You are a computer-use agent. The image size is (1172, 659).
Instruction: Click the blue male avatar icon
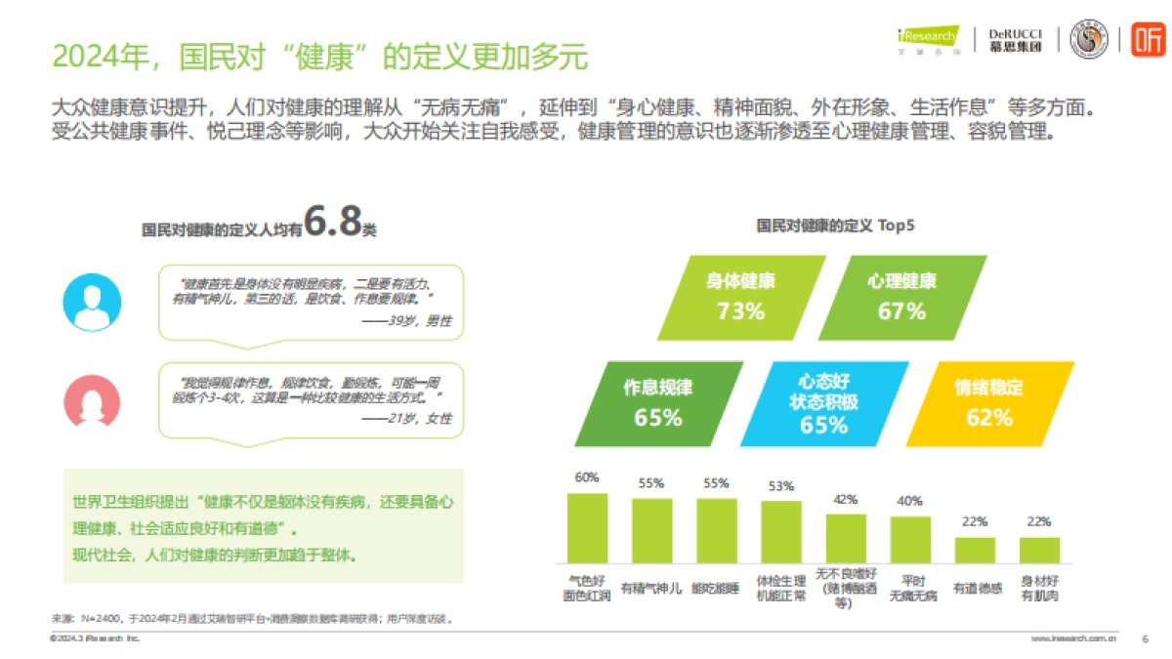92,301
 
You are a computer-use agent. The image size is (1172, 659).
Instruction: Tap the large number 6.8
331,222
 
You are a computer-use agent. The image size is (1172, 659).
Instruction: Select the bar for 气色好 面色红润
587,528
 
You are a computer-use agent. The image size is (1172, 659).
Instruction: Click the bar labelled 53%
780,532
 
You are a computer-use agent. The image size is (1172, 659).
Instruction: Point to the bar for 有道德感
975,550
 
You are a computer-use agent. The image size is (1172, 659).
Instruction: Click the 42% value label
845,498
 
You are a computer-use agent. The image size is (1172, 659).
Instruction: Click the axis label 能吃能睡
716,589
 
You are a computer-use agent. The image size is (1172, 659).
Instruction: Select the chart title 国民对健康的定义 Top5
835,226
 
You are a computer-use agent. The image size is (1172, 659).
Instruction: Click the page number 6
1144,638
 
